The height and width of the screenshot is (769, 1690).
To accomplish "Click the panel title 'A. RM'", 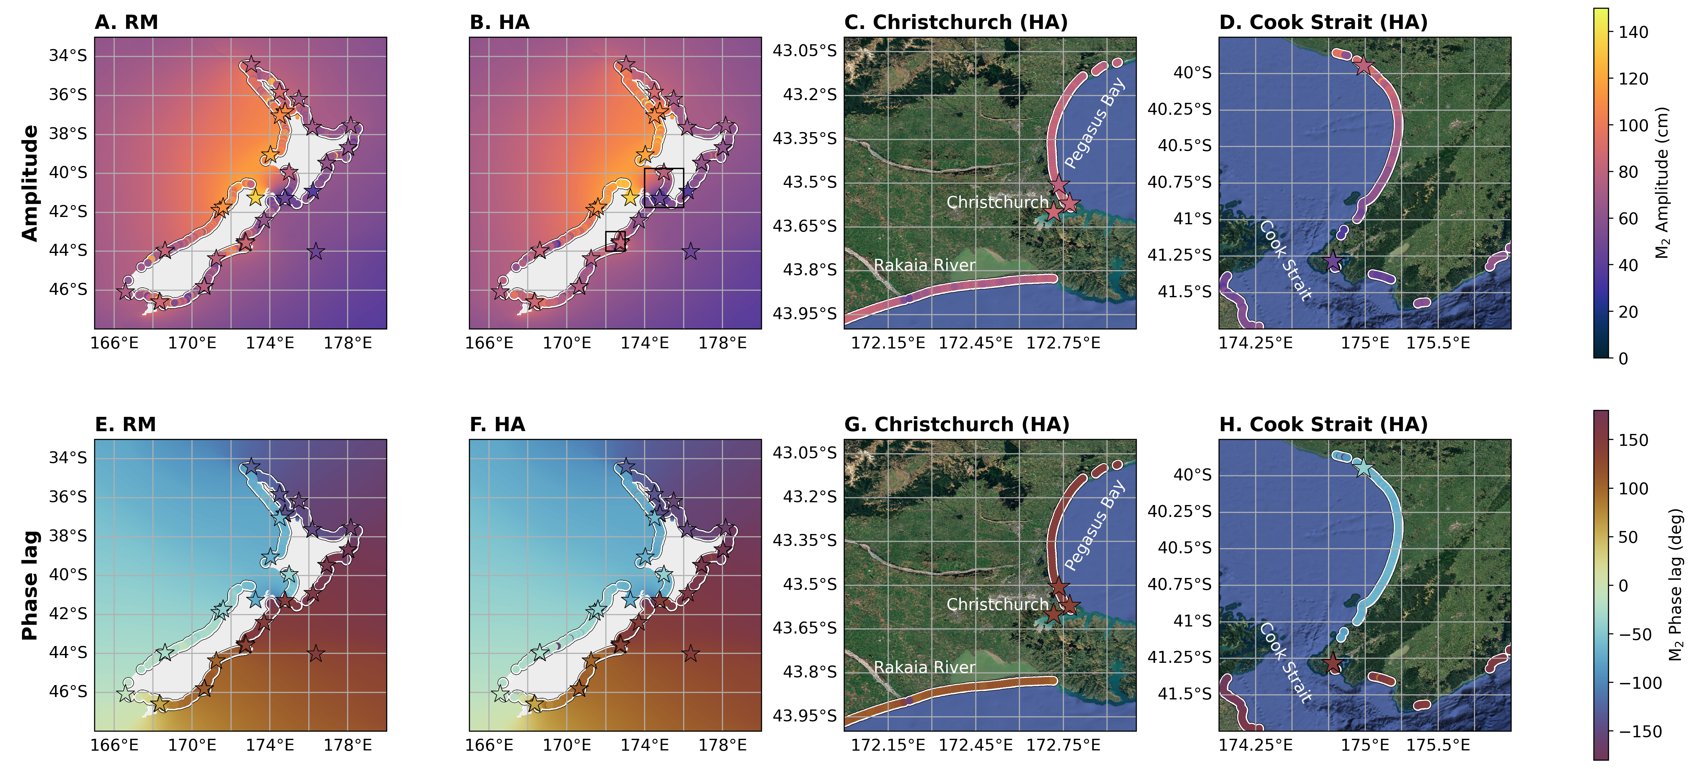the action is (x=127, y=22).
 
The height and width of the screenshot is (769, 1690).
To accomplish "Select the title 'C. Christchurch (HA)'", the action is (x=956, y=22).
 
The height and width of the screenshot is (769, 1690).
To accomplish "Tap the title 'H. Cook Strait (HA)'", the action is (x=1323, y=424).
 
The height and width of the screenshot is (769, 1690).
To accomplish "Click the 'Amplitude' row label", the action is (x=30, y=183).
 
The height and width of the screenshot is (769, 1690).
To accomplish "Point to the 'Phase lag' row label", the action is (x=30, y=585).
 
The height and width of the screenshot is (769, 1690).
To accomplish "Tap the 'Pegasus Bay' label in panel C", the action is (x=1094, y=123).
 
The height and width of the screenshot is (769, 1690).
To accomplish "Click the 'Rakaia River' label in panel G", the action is (x=925, y=667).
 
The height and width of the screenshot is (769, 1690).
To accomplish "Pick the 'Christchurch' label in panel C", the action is (x=997, y=202).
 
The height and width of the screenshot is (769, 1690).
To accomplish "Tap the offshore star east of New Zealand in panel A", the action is (x=316, y=251).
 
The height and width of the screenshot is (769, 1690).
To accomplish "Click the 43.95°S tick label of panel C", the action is (x=804, y=314).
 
